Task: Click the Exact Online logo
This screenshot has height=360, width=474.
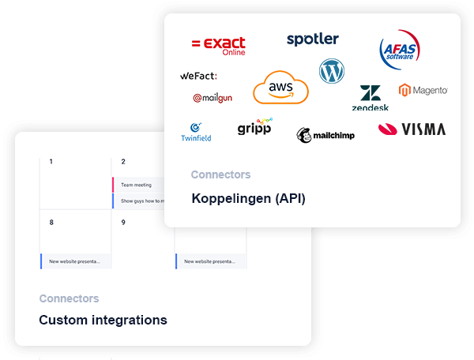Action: pyautogui.click(x=218, y=45)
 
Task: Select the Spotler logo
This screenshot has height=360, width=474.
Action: pyautogui.click(x=313, y=39)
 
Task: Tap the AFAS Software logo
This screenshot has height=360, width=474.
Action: pyautogui.click(x=399, y=51)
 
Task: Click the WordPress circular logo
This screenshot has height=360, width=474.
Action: pyautogui.click(x=332, y=72)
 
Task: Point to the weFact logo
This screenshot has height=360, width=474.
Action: pyautogui.click(x=197, y=76)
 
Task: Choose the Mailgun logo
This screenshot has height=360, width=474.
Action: pyautogui.click(x=213, y=98)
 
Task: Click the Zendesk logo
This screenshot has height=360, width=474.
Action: pyautogui.click(x=370, y=98)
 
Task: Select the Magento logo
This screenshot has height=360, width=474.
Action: pyautogui.click(x=423, y=90)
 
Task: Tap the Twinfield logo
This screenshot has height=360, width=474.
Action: pyautogui.click(x=196, y=132)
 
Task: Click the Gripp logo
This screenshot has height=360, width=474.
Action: pyautogui.click(x=254, y=126)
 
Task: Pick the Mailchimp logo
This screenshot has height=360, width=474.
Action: pyautogui.click(x=325, y=135)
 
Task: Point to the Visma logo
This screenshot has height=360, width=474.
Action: pyautogui.click(x=412, y=129)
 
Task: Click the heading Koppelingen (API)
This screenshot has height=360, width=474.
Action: pyautogui.click(x=248, y=198)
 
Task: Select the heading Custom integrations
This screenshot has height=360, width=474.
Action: pyautogui.click(x=103, y=320)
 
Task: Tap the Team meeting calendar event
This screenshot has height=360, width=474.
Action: pyautogui.click(x=136, y=185)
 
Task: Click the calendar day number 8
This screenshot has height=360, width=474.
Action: pyautogui.click(x=51, y=223)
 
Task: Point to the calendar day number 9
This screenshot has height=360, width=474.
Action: pyautogui.click(x=123, y=223)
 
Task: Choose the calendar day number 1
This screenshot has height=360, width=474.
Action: pyautogui.click(x=51, y=162)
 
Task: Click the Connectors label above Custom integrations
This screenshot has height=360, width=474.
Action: pyautogui.click(x=69, y=298)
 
